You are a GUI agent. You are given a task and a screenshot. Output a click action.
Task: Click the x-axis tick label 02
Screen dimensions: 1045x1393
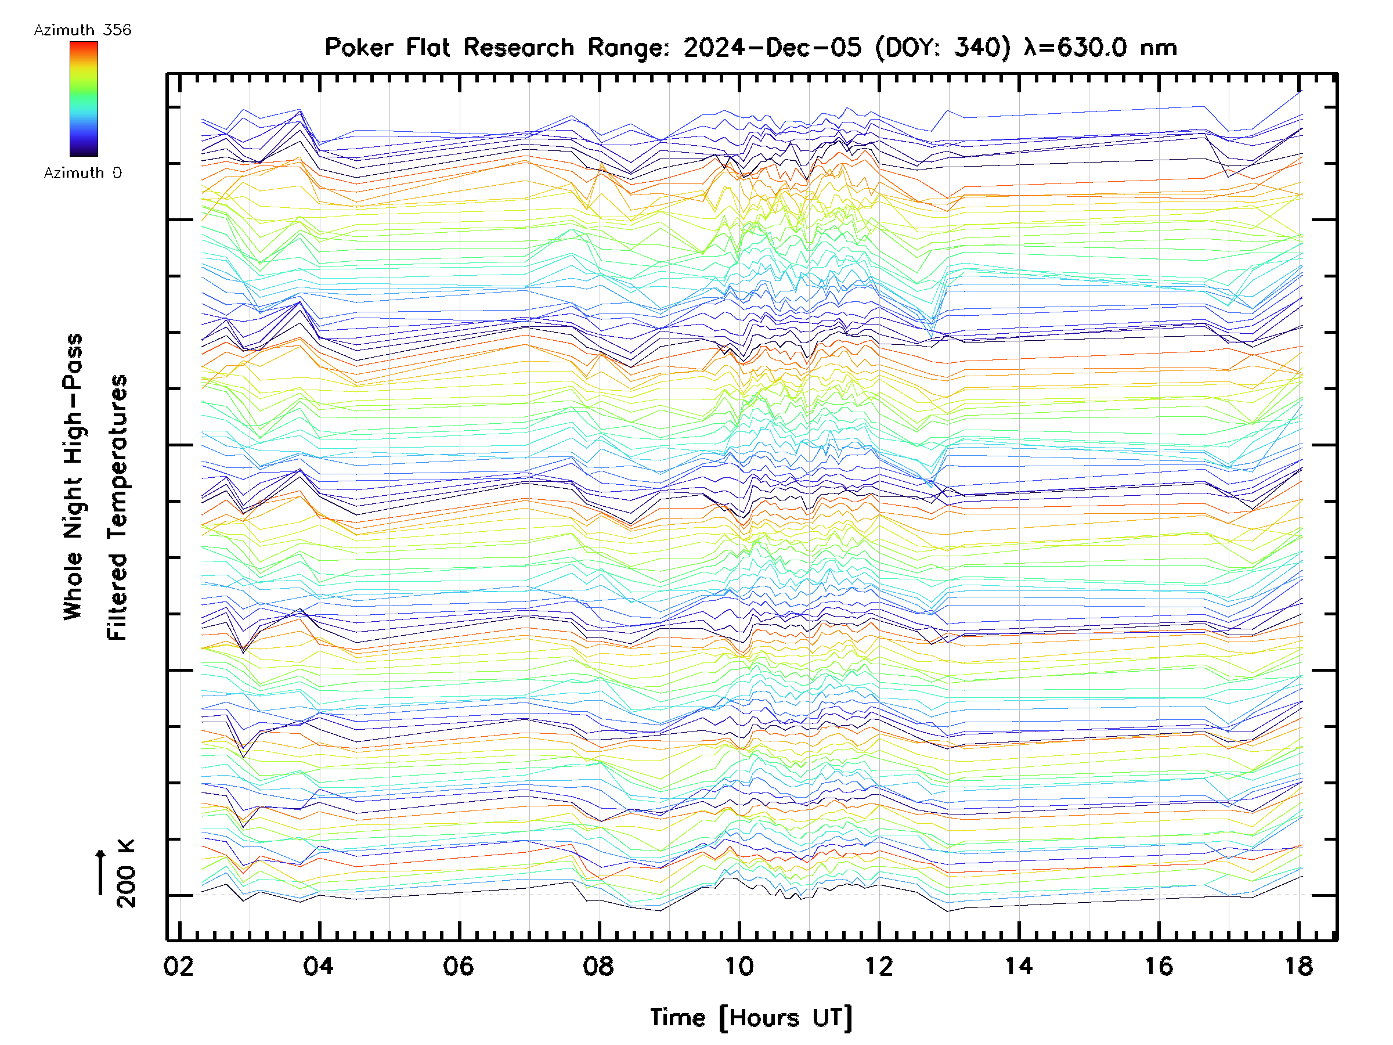click(179, 965)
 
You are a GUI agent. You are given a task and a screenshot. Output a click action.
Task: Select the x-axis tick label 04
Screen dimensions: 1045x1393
click(319, 965)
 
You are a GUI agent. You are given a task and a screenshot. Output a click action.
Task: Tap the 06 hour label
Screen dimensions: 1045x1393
click(459, 965)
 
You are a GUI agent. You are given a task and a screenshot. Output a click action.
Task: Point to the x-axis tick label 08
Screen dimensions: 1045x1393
click(598, 965)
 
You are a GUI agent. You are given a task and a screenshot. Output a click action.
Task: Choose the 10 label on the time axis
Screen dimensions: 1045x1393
click(739, 965)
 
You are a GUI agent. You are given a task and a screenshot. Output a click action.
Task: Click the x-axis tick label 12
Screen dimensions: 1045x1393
click(879, 965)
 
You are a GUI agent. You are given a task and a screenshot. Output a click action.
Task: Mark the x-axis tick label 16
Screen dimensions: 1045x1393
click(1159, 965)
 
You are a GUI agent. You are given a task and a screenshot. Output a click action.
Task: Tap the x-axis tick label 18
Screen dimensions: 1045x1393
click(1298, 965)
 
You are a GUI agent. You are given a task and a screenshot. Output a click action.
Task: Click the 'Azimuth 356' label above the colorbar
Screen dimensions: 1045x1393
click(82, 30)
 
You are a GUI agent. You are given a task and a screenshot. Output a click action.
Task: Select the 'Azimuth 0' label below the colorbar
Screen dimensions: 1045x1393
click(82, 172)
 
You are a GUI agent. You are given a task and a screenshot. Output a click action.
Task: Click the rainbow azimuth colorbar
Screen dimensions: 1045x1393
click(84, 99)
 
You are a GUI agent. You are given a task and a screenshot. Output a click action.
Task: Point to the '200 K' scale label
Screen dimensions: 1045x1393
click(126, 874)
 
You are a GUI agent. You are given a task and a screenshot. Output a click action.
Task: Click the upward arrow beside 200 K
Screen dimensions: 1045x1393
click(101, 872)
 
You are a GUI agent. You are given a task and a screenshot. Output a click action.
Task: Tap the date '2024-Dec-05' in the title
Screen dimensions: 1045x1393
click(772, 48)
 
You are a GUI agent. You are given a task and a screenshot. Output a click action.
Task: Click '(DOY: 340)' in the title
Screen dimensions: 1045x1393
click(943, 48)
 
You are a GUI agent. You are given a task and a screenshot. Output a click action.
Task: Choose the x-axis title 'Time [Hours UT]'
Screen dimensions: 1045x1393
click(751, 1017)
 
